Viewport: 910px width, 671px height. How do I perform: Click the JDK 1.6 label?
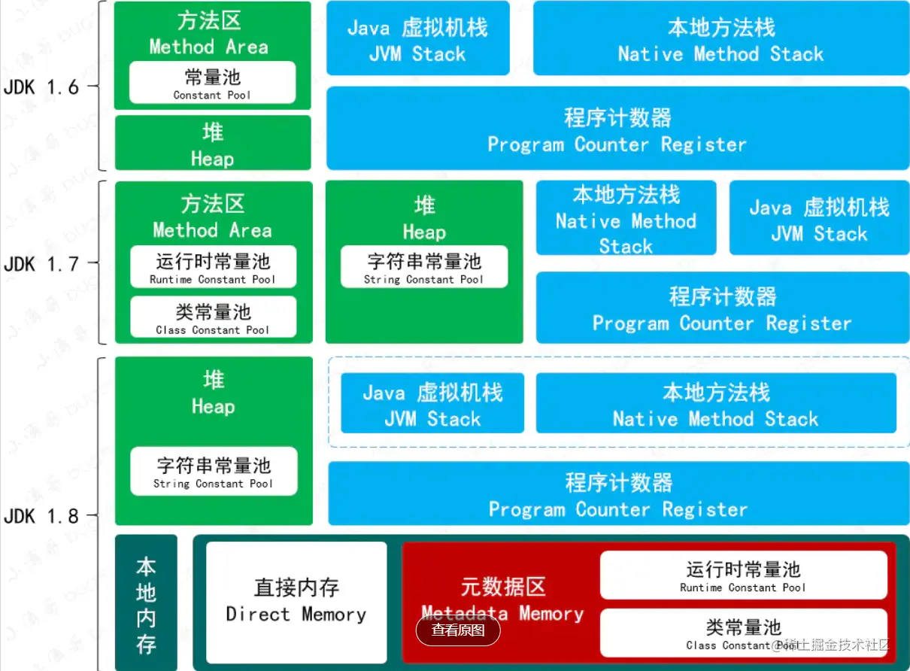point(41,87)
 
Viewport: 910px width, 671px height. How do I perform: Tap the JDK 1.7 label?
point(41,264)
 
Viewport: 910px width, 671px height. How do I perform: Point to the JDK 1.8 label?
point(41,516)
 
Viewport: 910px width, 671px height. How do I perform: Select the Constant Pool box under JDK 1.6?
point(212,83)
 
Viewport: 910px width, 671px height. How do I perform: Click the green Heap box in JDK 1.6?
point(212,143)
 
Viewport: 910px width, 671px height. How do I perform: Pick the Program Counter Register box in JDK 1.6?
point(617,129)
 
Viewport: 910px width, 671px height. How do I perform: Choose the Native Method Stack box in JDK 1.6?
point(720,39)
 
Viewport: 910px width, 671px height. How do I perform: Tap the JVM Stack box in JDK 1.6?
point(417,39)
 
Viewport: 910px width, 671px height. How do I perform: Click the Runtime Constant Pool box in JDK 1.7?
point(213,267)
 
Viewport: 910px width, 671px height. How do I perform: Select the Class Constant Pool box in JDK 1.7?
point(213,317)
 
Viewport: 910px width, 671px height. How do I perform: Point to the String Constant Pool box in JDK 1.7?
point(424,267)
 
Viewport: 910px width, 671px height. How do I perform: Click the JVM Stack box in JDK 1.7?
point(819,218)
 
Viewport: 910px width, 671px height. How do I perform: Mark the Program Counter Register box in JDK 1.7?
point(722,308)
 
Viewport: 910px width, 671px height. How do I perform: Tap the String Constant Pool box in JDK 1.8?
point(214,472)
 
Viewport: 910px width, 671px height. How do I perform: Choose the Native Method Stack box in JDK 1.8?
point(716,404)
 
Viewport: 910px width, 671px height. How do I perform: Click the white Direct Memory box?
point(296,602)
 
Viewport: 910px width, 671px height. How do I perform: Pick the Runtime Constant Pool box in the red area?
point(743,575)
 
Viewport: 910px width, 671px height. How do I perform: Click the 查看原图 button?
point(458,630)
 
